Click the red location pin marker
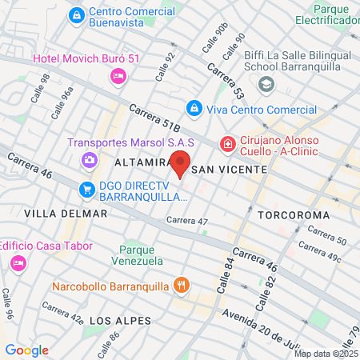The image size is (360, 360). (181, 162)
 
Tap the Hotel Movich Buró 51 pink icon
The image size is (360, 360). (117, 76)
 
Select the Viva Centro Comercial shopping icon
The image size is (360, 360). (194, 107)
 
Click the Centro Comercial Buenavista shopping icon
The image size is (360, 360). (77, 14)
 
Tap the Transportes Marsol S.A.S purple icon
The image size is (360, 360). (89, 160)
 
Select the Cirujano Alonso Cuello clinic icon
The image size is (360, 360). (228, 144)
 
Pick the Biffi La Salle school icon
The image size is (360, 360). (267, 85)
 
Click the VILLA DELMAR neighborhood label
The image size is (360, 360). (66, 214)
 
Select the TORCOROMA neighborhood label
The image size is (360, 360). (294, 215)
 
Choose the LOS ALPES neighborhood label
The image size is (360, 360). (120, 320)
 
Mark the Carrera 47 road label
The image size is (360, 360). (187, 221)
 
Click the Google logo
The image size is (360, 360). (27, 350)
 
